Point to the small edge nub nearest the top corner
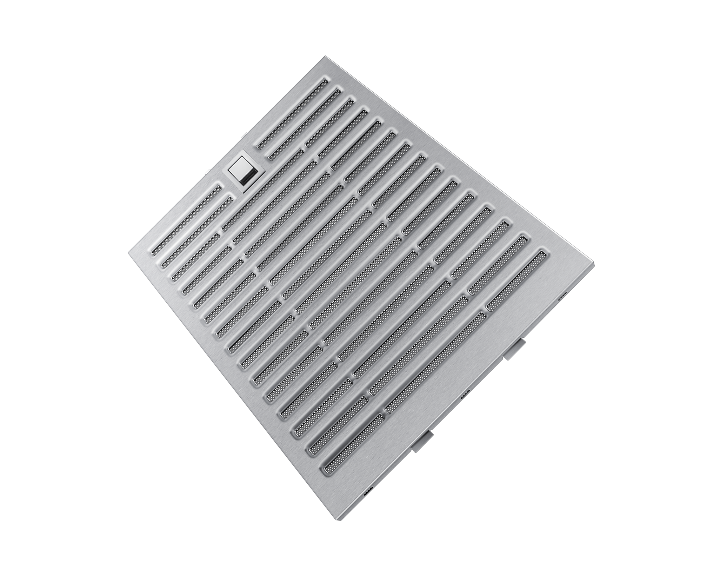[x=245, y=134]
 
